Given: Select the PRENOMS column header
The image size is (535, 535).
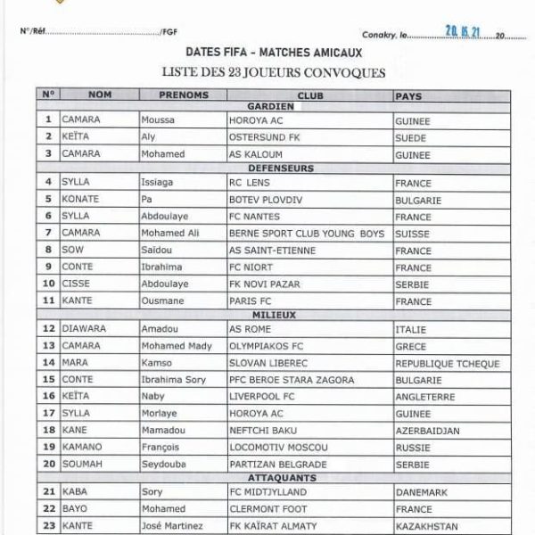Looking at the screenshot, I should (183, 95).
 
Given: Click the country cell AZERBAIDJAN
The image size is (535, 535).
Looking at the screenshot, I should (426, 430).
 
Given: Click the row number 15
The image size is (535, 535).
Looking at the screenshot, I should (48, 380).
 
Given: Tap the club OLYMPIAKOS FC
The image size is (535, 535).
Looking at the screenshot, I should (267, 346).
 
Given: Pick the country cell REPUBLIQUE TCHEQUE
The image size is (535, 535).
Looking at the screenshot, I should (447, 363).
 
